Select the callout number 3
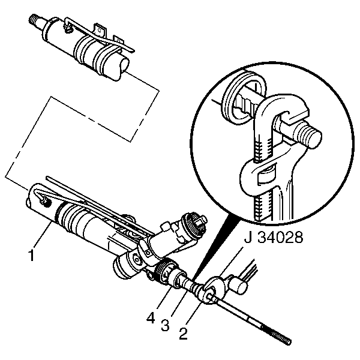(x=166, y=325)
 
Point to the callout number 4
(x=151, y=318)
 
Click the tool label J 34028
(x=274, y=237)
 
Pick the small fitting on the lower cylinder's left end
(x=44, y=200)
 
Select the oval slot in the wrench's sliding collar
(x=266, y=173)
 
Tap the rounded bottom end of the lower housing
(x=122, y=268)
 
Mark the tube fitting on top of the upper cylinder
(x=69, y=28)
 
